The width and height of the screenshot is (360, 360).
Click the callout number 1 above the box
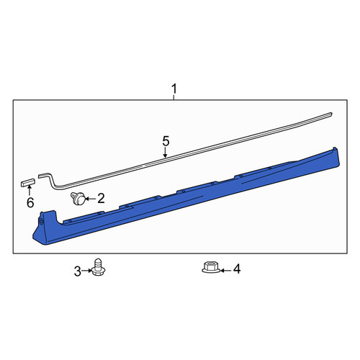174,89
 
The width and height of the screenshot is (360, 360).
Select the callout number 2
101,199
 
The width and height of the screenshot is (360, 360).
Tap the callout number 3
78,271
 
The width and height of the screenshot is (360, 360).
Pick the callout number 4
237,269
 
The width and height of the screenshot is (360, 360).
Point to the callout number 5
166,141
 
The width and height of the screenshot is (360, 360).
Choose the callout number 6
30,203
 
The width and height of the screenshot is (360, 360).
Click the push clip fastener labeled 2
78,199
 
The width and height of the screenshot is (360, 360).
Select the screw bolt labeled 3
97,267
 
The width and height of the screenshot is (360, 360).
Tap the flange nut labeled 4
211,267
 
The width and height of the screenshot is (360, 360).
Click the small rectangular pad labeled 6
28,182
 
